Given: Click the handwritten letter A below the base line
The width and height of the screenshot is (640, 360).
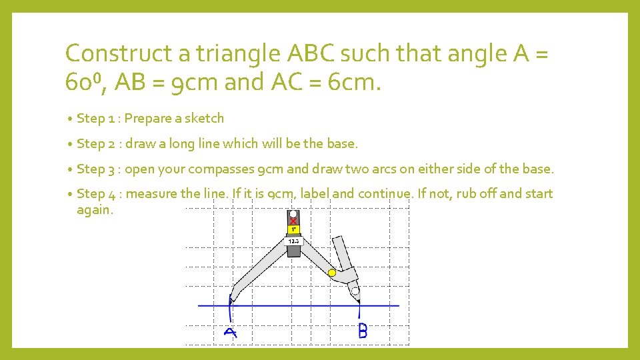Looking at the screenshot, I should click(230, 332).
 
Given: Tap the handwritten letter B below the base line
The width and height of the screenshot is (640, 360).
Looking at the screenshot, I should click(363, 330).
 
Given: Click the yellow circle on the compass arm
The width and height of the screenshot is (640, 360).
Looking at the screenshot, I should click(332, 272).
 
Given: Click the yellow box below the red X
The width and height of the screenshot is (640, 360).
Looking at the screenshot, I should click(294, 229).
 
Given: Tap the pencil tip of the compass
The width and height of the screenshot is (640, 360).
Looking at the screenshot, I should click(358, 301).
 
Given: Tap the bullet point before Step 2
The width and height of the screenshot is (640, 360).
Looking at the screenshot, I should click(70, 144).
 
